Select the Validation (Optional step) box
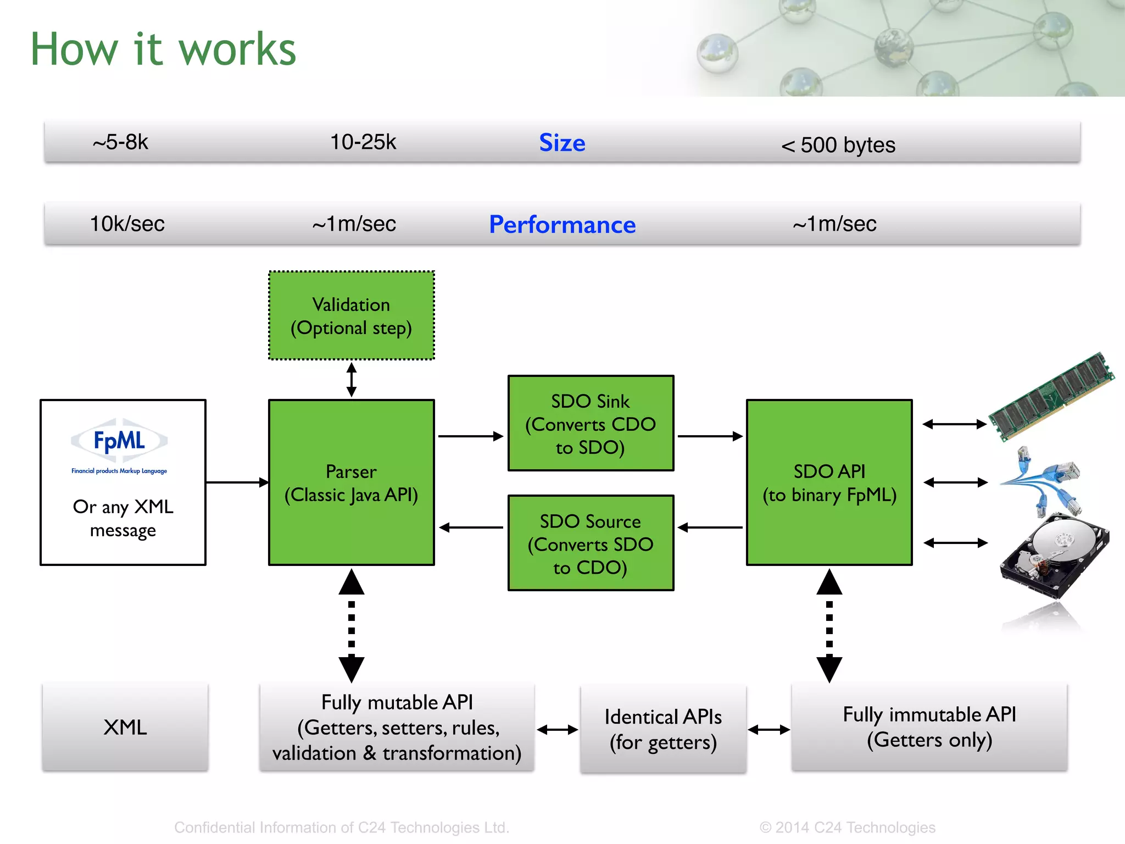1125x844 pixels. point(351,316)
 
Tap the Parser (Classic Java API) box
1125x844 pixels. point(351,482)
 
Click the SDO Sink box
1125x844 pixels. point(591,423)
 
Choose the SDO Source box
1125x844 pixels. point(591,543)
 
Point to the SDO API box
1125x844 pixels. point(829,482)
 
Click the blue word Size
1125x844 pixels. point(562,143)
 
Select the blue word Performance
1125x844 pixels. point(562,225)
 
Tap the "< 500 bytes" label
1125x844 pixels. point(838,145)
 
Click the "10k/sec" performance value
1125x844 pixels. point(127,224)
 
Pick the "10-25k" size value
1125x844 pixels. point(363,142)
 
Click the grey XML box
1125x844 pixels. point(125,727)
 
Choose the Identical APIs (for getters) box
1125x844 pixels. point(663,729)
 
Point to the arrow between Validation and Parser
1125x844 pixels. point(352,379)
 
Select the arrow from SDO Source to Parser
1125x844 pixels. point(471,527)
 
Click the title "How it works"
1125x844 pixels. point(163,49)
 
